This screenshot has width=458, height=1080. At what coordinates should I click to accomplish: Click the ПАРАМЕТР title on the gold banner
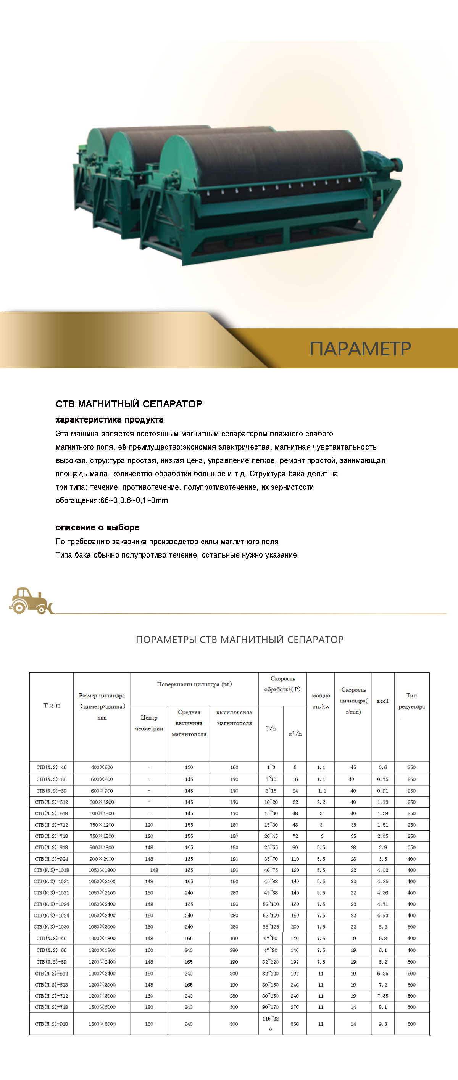[x=360, y=349]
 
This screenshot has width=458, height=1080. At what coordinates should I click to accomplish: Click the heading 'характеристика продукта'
[x=110, y=419]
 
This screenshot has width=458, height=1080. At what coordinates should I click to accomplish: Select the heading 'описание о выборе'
[x=97, y=527]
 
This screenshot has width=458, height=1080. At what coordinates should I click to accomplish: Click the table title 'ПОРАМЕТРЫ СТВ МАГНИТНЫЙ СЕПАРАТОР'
[x=239, y=640]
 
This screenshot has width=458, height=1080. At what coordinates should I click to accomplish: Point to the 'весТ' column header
[x=383, y=701]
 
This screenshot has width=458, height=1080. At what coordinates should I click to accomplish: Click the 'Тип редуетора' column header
[x=411, y=701]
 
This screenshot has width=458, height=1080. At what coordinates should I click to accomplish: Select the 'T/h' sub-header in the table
[x=271, y=728]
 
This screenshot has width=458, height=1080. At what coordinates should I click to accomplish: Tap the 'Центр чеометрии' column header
[x=149, y=723]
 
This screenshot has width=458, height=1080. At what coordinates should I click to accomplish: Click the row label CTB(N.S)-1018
[x=52, y=870]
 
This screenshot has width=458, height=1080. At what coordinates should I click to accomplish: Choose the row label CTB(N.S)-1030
[x=52, y=927]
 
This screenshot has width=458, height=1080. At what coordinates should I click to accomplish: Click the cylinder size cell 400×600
[x=102, y=767]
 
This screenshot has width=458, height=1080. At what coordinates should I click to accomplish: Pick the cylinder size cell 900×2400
[x=102, y=859]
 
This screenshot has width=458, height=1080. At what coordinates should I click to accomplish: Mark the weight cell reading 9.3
[x=383, y=1024]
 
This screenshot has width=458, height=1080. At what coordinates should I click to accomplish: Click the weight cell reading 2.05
[x=383, y=836]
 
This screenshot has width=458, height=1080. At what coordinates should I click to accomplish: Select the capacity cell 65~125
[x=271, y=927]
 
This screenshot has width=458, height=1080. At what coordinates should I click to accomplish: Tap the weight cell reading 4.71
[x=383, y=904]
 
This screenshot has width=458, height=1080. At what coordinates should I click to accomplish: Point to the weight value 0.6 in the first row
[x=383, y=767]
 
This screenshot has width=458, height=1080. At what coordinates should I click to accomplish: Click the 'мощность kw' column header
[x=321, y=701]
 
